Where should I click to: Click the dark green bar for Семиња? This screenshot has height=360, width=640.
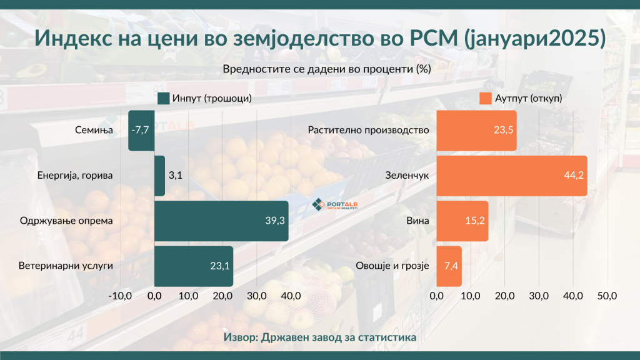141,131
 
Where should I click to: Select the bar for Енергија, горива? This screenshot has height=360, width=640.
159,176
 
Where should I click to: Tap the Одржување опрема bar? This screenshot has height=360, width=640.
221,221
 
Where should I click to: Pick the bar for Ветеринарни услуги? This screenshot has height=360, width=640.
193,266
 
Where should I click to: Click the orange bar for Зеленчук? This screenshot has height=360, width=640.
511,176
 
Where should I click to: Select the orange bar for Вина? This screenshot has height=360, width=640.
462,221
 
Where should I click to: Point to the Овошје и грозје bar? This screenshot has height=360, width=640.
449,266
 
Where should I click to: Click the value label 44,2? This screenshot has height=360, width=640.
573,176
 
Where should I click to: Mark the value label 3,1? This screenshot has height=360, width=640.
175,176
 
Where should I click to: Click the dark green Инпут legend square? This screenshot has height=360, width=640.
164,99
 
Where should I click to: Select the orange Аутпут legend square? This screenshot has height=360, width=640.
485,99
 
